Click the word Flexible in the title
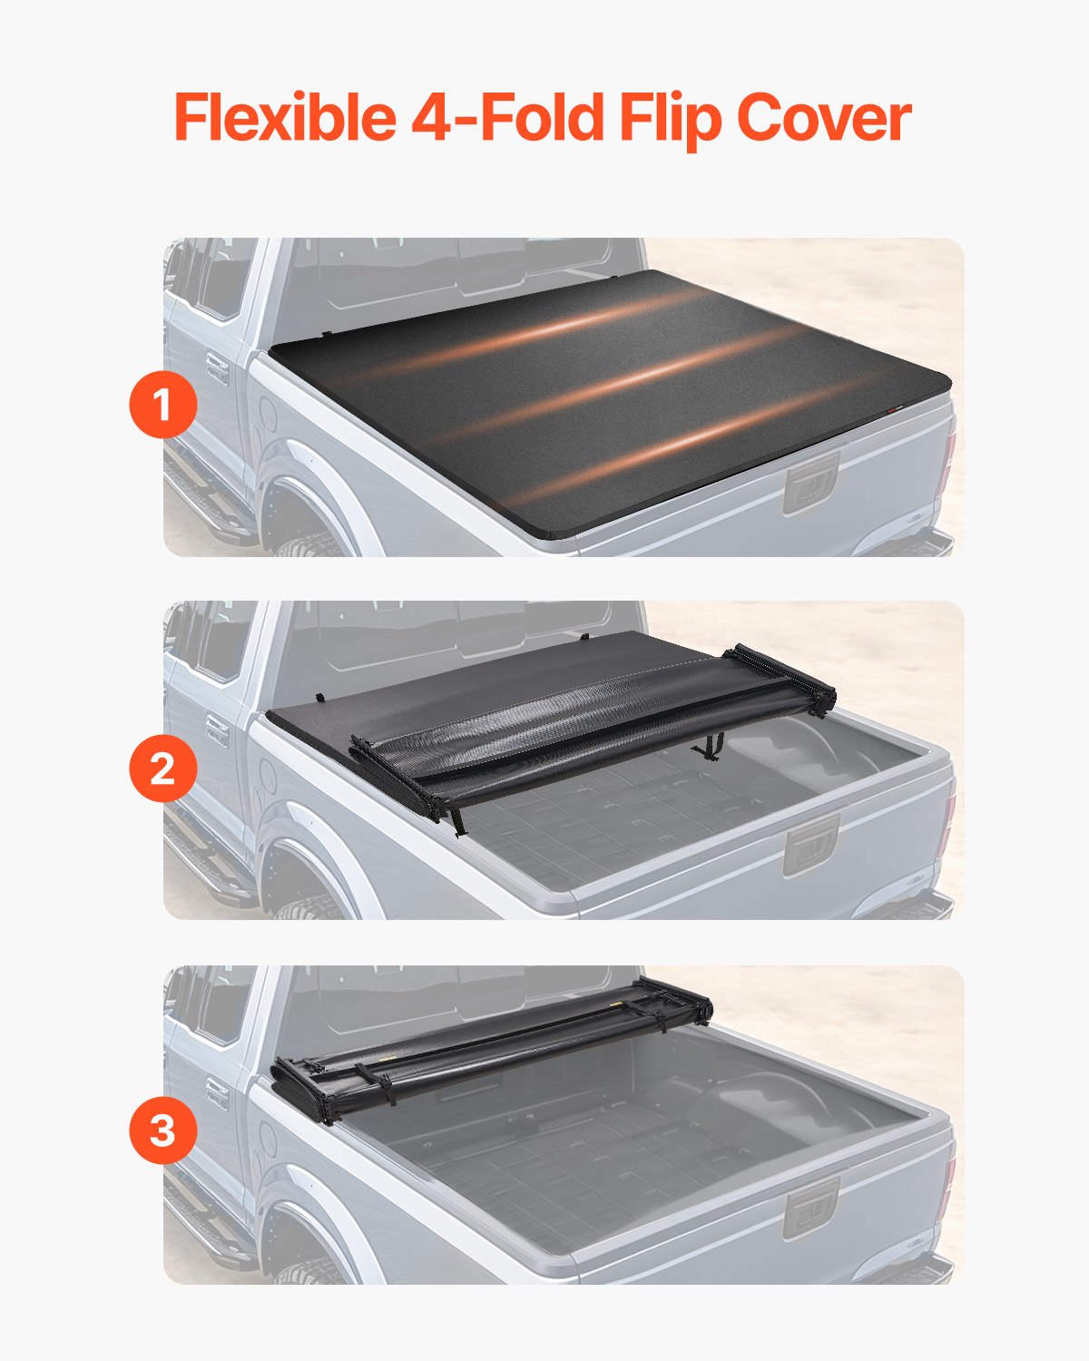[x=284, y=118]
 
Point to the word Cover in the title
[x=823, y=118]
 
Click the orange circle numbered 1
[x=162, y=406]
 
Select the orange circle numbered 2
[x=162, y=769]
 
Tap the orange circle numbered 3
[x=162, y=1131]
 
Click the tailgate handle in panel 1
[x=811, y=487]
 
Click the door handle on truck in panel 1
[x=217, y=367]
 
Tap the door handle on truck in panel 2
[x=217, y=729]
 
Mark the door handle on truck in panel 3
[x=217, y=1093]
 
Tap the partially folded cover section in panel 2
[x=590, y=726]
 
